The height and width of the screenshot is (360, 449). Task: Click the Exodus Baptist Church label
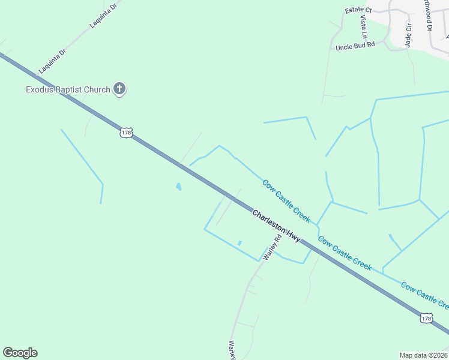(68, 90)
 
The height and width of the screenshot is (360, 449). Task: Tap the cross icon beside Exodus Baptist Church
(119, 89)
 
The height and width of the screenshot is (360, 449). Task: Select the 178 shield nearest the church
(125, 132)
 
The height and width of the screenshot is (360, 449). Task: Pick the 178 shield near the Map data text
(426, 317)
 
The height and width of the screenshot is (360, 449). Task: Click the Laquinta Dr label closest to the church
(52, 61)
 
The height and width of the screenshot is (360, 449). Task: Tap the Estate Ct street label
(358, 10)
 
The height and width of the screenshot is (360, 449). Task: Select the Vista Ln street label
(363, 27)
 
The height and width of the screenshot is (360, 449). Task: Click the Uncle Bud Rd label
(355, 46)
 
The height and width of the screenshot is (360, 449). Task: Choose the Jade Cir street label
(409, 35)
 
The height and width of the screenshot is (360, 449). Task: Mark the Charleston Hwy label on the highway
(276, 226)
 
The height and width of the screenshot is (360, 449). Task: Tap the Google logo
(20, 353)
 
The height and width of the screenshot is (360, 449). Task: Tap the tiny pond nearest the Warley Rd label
(240, 243)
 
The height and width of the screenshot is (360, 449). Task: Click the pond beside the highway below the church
(178, 187)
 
